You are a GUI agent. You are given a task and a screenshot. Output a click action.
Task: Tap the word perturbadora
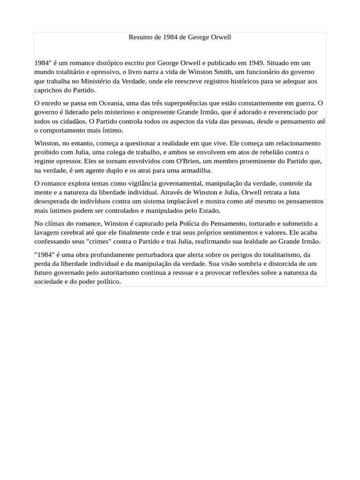pyautogui.click(x=132, y=255)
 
